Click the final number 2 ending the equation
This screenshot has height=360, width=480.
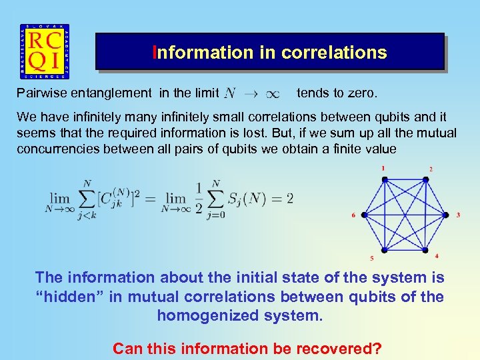(x=289, y=199)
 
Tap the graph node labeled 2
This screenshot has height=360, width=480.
(x=425, y=179)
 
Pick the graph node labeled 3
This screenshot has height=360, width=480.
(x=446, y=215)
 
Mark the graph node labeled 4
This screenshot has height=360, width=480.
(x=425, y=251)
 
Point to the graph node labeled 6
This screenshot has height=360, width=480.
(x=363, y=215)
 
